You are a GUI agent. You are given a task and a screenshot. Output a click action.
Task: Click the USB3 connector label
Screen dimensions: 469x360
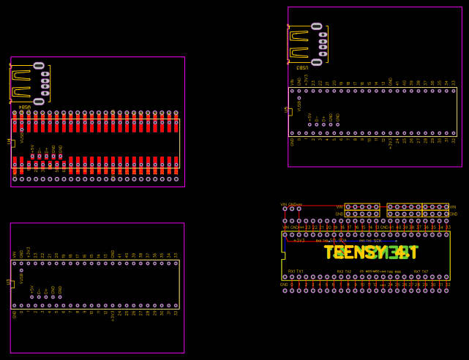pyautogui.click(x=302, y=67)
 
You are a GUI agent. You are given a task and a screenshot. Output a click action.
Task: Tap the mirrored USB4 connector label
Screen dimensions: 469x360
pyautogui.click(x=24, y=107)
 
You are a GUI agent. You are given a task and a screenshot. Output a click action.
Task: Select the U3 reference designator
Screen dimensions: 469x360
pyautogui.click(x=9, y=282)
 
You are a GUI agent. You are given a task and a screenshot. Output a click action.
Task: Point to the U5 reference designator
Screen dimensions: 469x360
pyautogui.click(x=287, y=110)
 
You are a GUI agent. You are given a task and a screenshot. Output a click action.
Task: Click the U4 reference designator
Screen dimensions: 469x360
pyautogui.click(x=9, y=141)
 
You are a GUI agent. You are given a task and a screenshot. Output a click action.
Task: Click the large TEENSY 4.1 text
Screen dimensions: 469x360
pyautogui.click(x=371, y=252)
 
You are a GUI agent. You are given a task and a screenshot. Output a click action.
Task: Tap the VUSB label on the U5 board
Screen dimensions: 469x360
pyautogui.click(x=299, y=105)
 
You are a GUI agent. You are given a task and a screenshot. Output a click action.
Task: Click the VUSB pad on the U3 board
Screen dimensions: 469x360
pyautogui.click(x=21, y=271)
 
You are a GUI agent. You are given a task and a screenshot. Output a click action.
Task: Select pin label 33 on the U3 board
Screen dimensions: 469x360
pyautogui.click(x=176, y=255)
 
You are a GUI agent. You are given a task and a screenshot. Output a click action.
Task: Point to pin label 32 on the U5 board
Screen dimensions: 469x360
pyautogui.click(x=454, y=140)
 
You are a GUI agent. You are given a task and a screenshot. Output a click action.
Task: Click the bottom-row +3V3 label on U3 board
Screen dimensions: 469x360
pyautogui.click(x=113, y=316)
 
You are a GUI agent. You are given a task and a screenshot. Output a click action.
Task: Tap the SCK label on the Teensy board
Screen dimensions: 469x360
pyautogui.click(x=377, y=241)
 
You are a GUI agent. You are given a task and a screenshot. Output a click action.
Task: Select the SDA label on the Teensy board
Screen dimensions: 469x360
pyautogui.click(x=342, y=240)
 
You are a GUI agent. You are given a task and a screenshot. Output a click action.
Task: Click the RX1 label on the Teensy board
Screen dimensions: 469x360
pyautogui.click(x=292, y=271)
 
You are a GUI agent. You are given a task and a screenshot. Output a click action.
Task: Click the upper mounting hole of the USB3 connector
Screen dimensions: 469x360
pyautogui.click(x=317, y=26)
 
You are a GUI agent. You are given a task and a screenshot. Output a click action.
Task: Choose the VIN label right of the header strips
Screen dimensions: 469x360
pyautogui.click(x=453, y=207)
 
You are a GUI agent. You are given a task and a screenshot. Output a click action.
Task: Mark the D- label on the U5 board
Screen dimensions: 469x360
pyautogui.click(x=317, y=116)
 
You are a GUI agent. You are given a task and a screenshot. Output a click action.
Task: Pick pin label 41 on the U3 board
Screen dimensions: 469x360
pyautogui.click(x=120, y=255)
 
